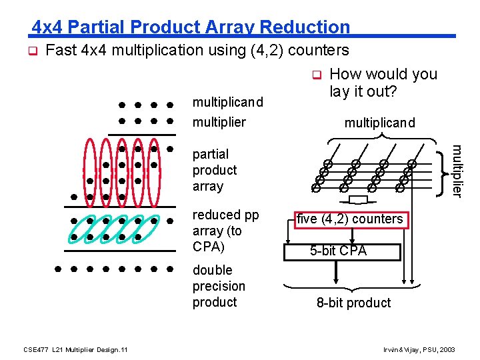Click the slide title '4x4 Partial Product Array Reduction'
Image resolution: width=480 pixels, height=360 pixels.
pyautogui.click(x=191, y=27)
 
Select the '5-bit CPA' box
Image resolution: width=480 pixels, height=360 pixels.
pyautogui.click(x=342, y=251)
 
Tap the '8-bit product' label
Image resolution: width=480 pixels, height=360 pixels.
pyautogui.click(x=353, y=303)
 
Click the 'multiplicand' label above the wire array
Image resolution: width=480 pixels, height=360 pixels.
pyautogui.click(x=379, y=123)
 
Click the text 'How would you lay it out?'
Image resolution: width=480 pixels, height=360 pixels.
pyautogui.click(x=383, y=83)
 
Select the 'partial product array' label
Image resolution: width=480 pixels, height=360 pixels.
pyautogui.click(x=215, y=170)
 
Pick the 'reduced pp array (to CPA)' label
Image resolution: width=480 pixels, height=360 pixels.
pyautogui.click(x=225, y=231)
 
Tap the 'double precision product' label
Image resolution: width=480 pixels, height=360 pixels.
pyautogui.click(x=219, y=286)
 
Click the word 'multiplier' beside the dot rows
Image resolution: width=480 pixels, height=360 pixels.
pyautogui.click(x=219, y=122)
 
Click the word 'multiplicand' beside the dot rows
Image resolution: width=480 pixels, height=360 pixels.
pyautogui.click(x=227, y=103)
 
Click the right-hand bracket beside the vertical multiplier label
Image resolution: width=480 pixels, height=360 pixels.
pyautogui.click(x=443, y=171)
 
